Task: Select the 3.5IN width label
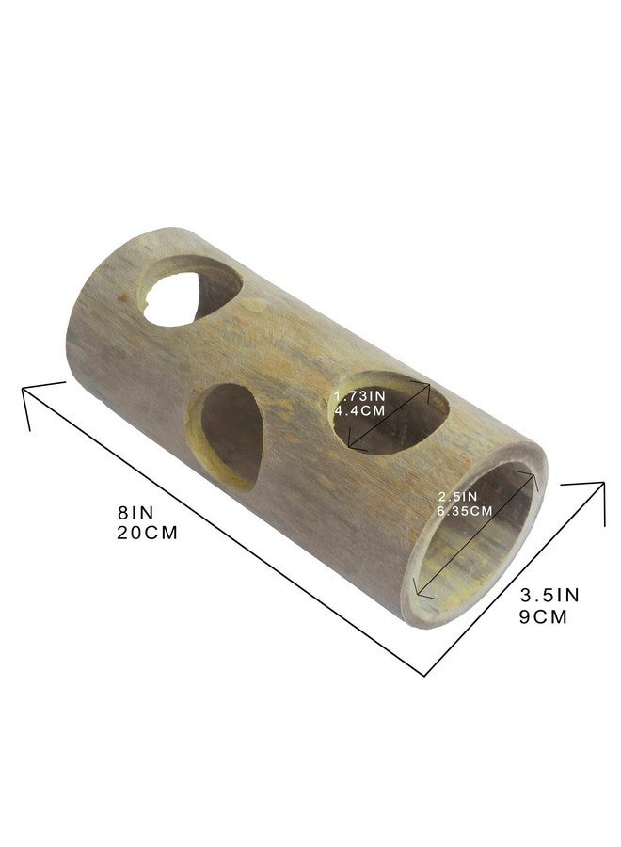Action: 550,595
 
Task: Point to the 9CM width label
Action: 545,617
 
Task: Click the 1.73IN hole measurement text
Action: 360,397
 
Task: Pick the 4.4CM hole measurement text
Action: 360,411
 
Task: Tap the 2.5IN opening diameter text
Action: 458,495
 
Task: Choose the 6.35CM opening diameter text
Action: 465,511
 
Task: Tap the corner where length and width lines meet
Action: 425,674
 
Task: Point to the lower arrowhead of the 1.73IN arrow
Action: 350,442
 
